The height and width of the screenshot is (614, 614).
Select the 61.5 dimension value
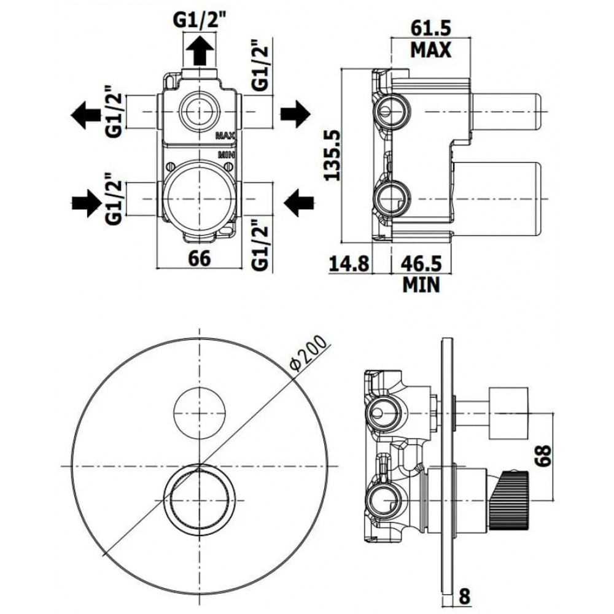point(431,28)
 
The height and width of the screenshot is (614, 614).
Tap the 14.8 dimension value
point(349,263)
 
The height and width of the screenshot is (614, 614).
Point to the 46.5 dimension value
point(421,263)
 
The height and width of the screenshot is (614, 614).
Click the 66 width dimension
point(200,258)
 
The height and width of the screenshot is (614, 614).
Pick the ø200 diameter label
point(308,353)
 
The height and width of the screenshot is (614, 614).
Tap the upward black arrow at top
point(200,50)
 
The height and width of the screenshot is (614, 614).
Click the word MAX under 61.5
point(431,50)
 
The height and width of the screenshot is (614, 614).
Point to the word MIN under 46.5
point(421,285)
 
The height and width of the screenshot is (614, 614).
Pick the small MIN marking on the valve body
point(227,155)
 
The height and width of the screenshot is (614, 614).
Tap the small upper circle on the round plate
point(200,413)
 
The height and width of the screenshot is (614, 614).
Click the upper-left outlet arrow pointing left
point(85,115)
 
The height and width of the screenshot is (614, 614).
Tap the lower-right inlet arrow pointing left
point(299,203)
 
